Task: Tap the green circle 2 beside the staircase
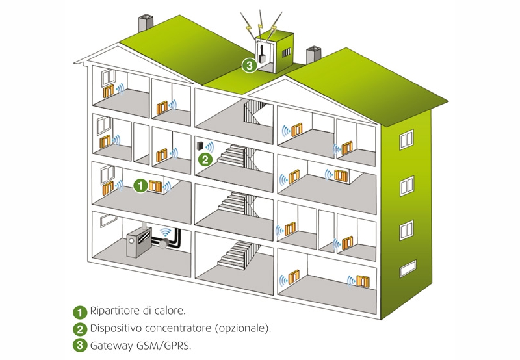[x=205, y=158]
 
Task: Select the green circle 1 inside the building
[x=140, y=186]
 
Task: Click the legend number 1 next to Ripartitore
[x=79, y=311]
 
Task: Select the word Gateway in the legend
[x=112, y=345]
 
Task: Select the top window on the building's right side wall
[x=406, y=138]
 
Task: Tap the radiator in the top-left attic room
[x=109, y=89]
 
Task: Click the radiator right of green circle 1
[x=155, y=186]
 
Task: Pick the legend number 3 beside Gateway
[x=79, y=345]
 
